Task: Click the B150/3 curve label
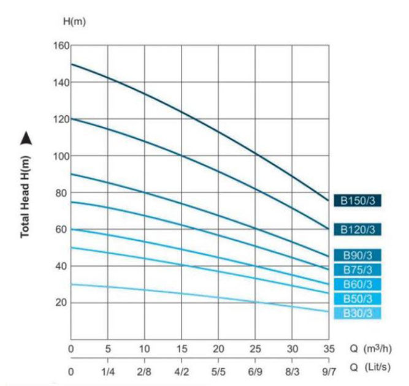(357, 200)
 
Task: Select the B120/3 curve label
(357, 229)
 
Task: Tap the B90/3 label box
(357, 255)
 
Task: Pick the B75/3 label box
(357, 270)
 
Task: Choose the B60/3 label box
(357, 284)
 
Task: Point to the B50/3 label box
(357, 298)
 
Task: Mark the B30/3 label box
(357, 313)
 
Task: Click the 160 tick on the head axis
(62, 46)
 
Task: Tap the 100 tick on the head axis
(62, 156)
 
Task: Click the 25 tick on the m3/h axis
(256, 349)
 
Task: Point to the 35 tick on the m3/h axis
(329, 349)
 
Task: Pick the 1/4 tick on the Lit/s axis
(108, 372)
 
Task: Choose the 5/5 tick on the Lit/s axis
(219, 372)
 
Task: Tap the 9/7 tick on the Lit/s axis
(329, 372)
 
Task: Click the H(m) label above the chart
(75, 22)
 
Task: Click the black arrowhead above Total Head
(25, 140)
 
